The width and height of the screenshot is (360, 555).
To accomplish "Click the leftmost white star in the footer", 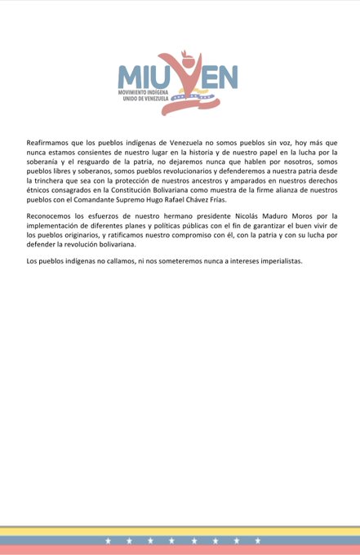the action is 108,540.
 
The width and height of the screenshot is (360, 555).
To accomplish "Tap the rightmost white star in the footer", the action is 258,540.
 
